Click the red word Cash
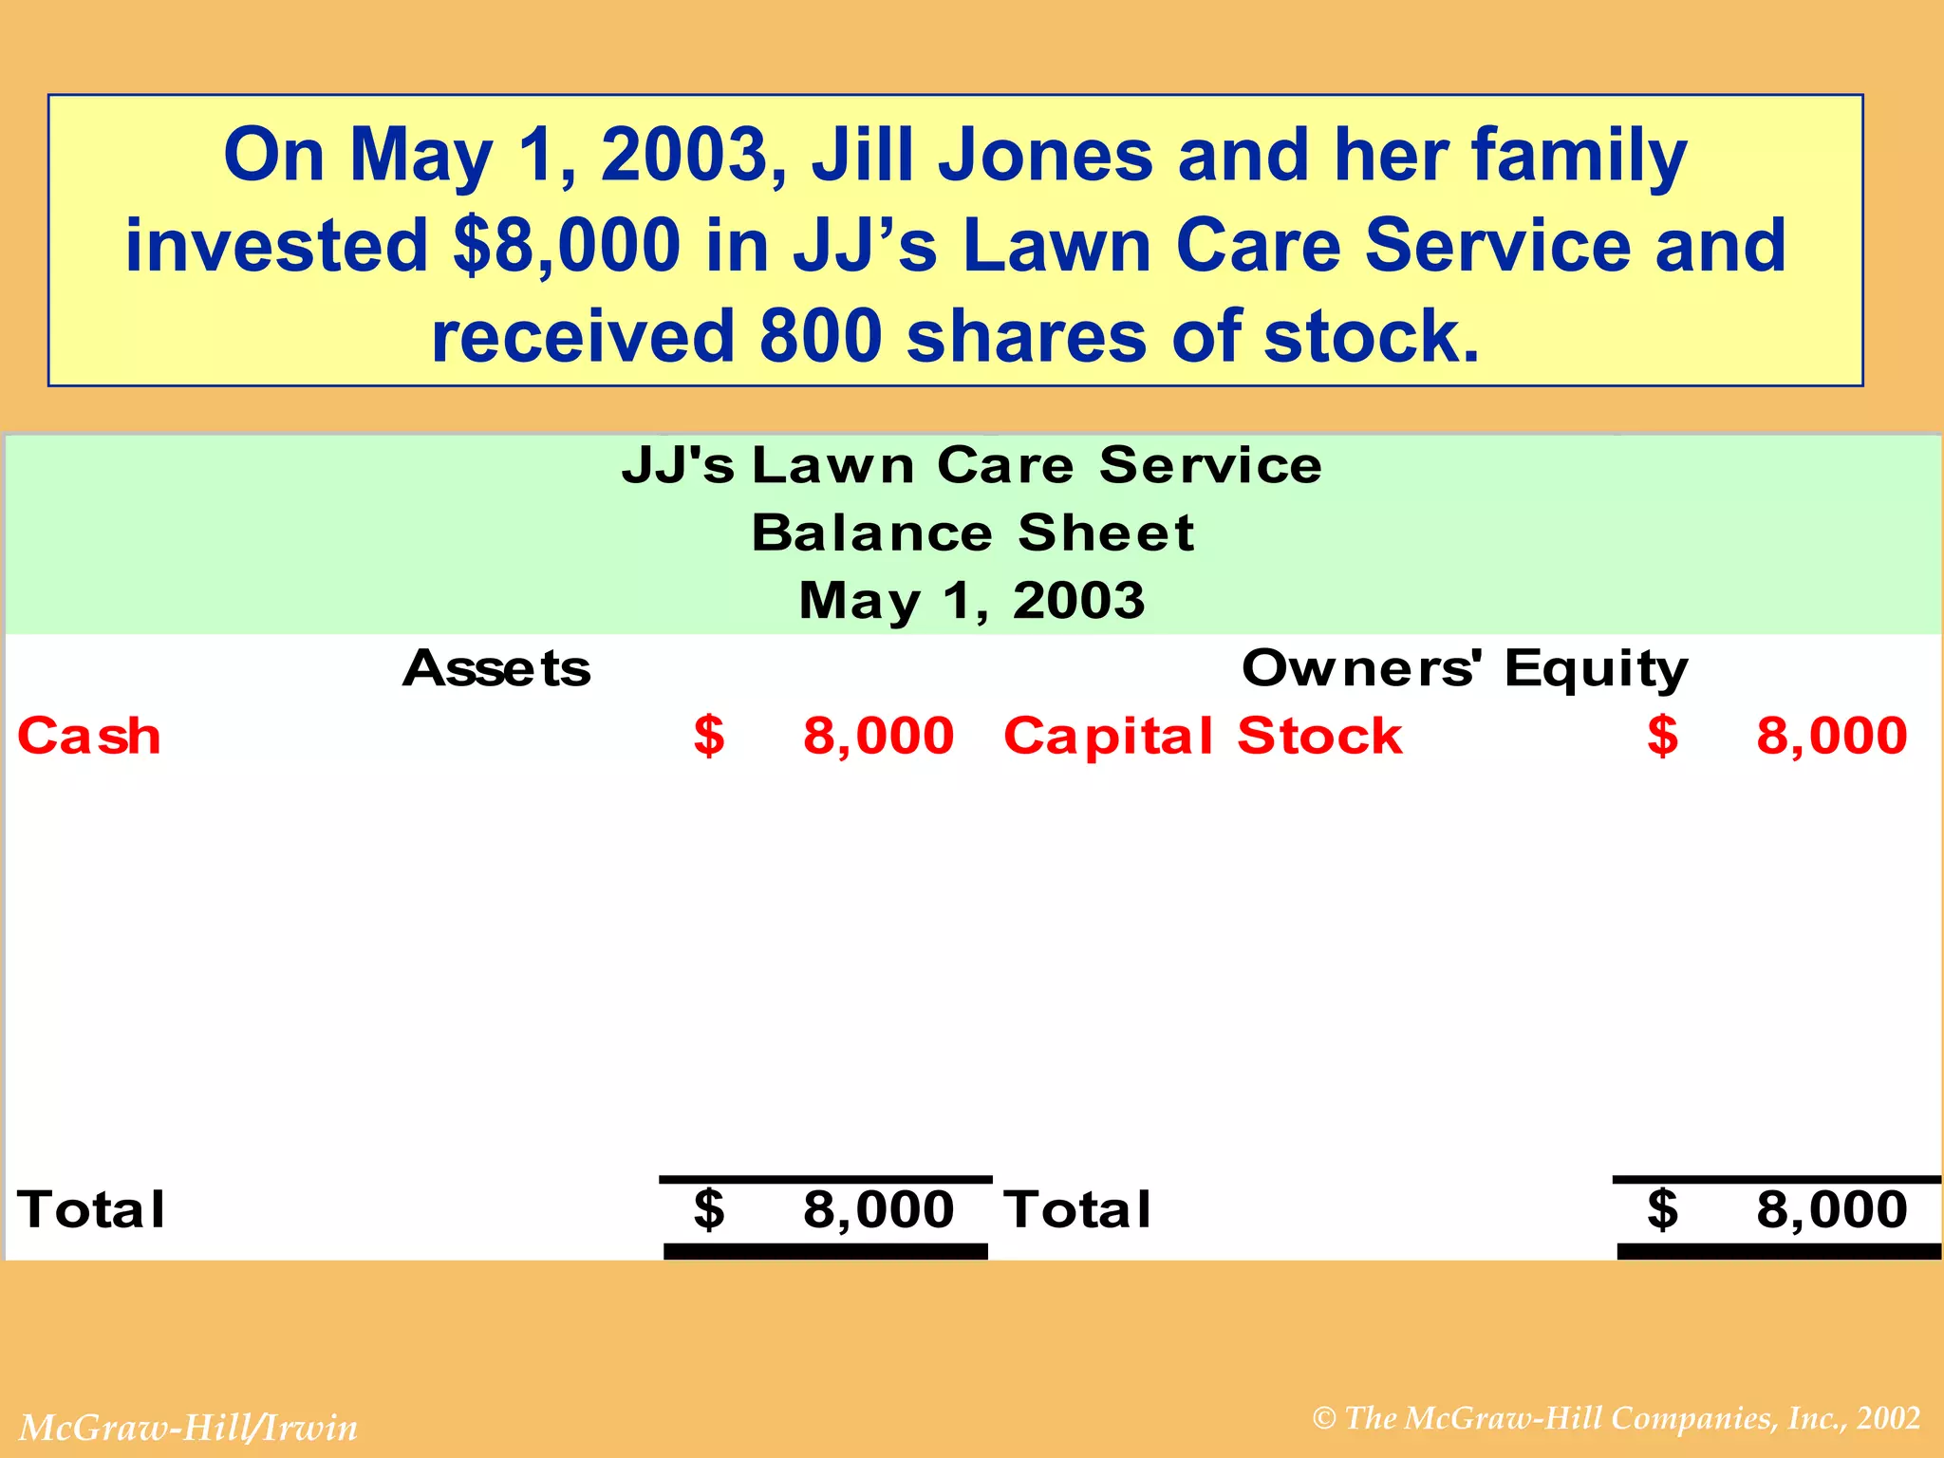click(89, 737)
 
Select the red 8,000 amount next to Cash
click(878, 737)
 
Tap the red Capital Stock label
click(1203, 737)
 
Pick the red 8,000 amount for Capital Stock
click(1831, 737)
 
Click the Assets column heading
click(496, 668)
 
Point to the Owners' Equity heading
click(1465, 668)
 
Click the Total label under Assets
click(91, 1210)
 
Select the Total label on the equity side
click(1078, 1210)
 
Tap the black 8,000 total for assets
click(878, 1210)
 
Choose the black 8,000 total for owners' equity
click(1831, 1210)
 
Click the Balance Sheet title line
click(972, 533)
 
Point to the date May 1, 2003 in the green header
click(972, 601)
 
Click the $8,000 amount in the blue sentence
click(567, 245)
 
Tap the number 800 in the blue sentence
click(821, 336)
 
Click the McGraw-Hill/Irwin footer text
click(189, 1428)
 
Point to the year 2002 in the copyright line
click(1889, 1418)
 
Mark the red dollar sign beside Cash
click(709, 737)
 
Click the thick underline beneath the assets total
click(826, 1252)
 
